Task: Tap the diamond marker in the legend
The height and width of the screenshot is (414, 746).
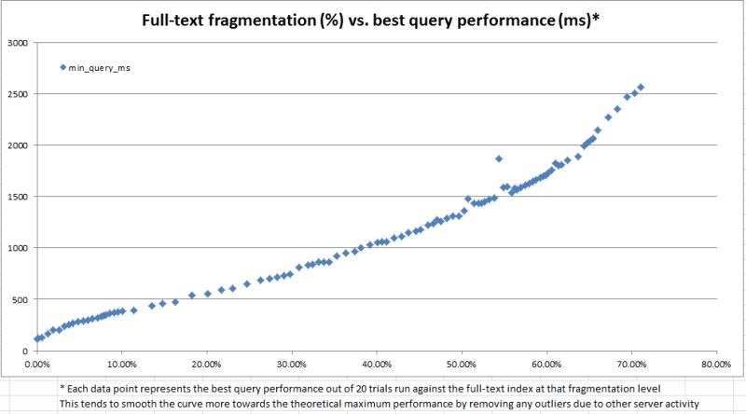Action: pos(63,67)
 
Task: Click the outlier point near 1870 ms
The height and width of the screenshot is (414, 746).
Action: pos(499,159)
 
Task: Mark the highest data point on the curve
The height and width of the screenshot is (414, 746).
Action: pos(641,87)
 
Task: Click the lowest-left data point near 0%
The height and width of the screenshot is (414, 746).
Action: pos(37,339)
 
